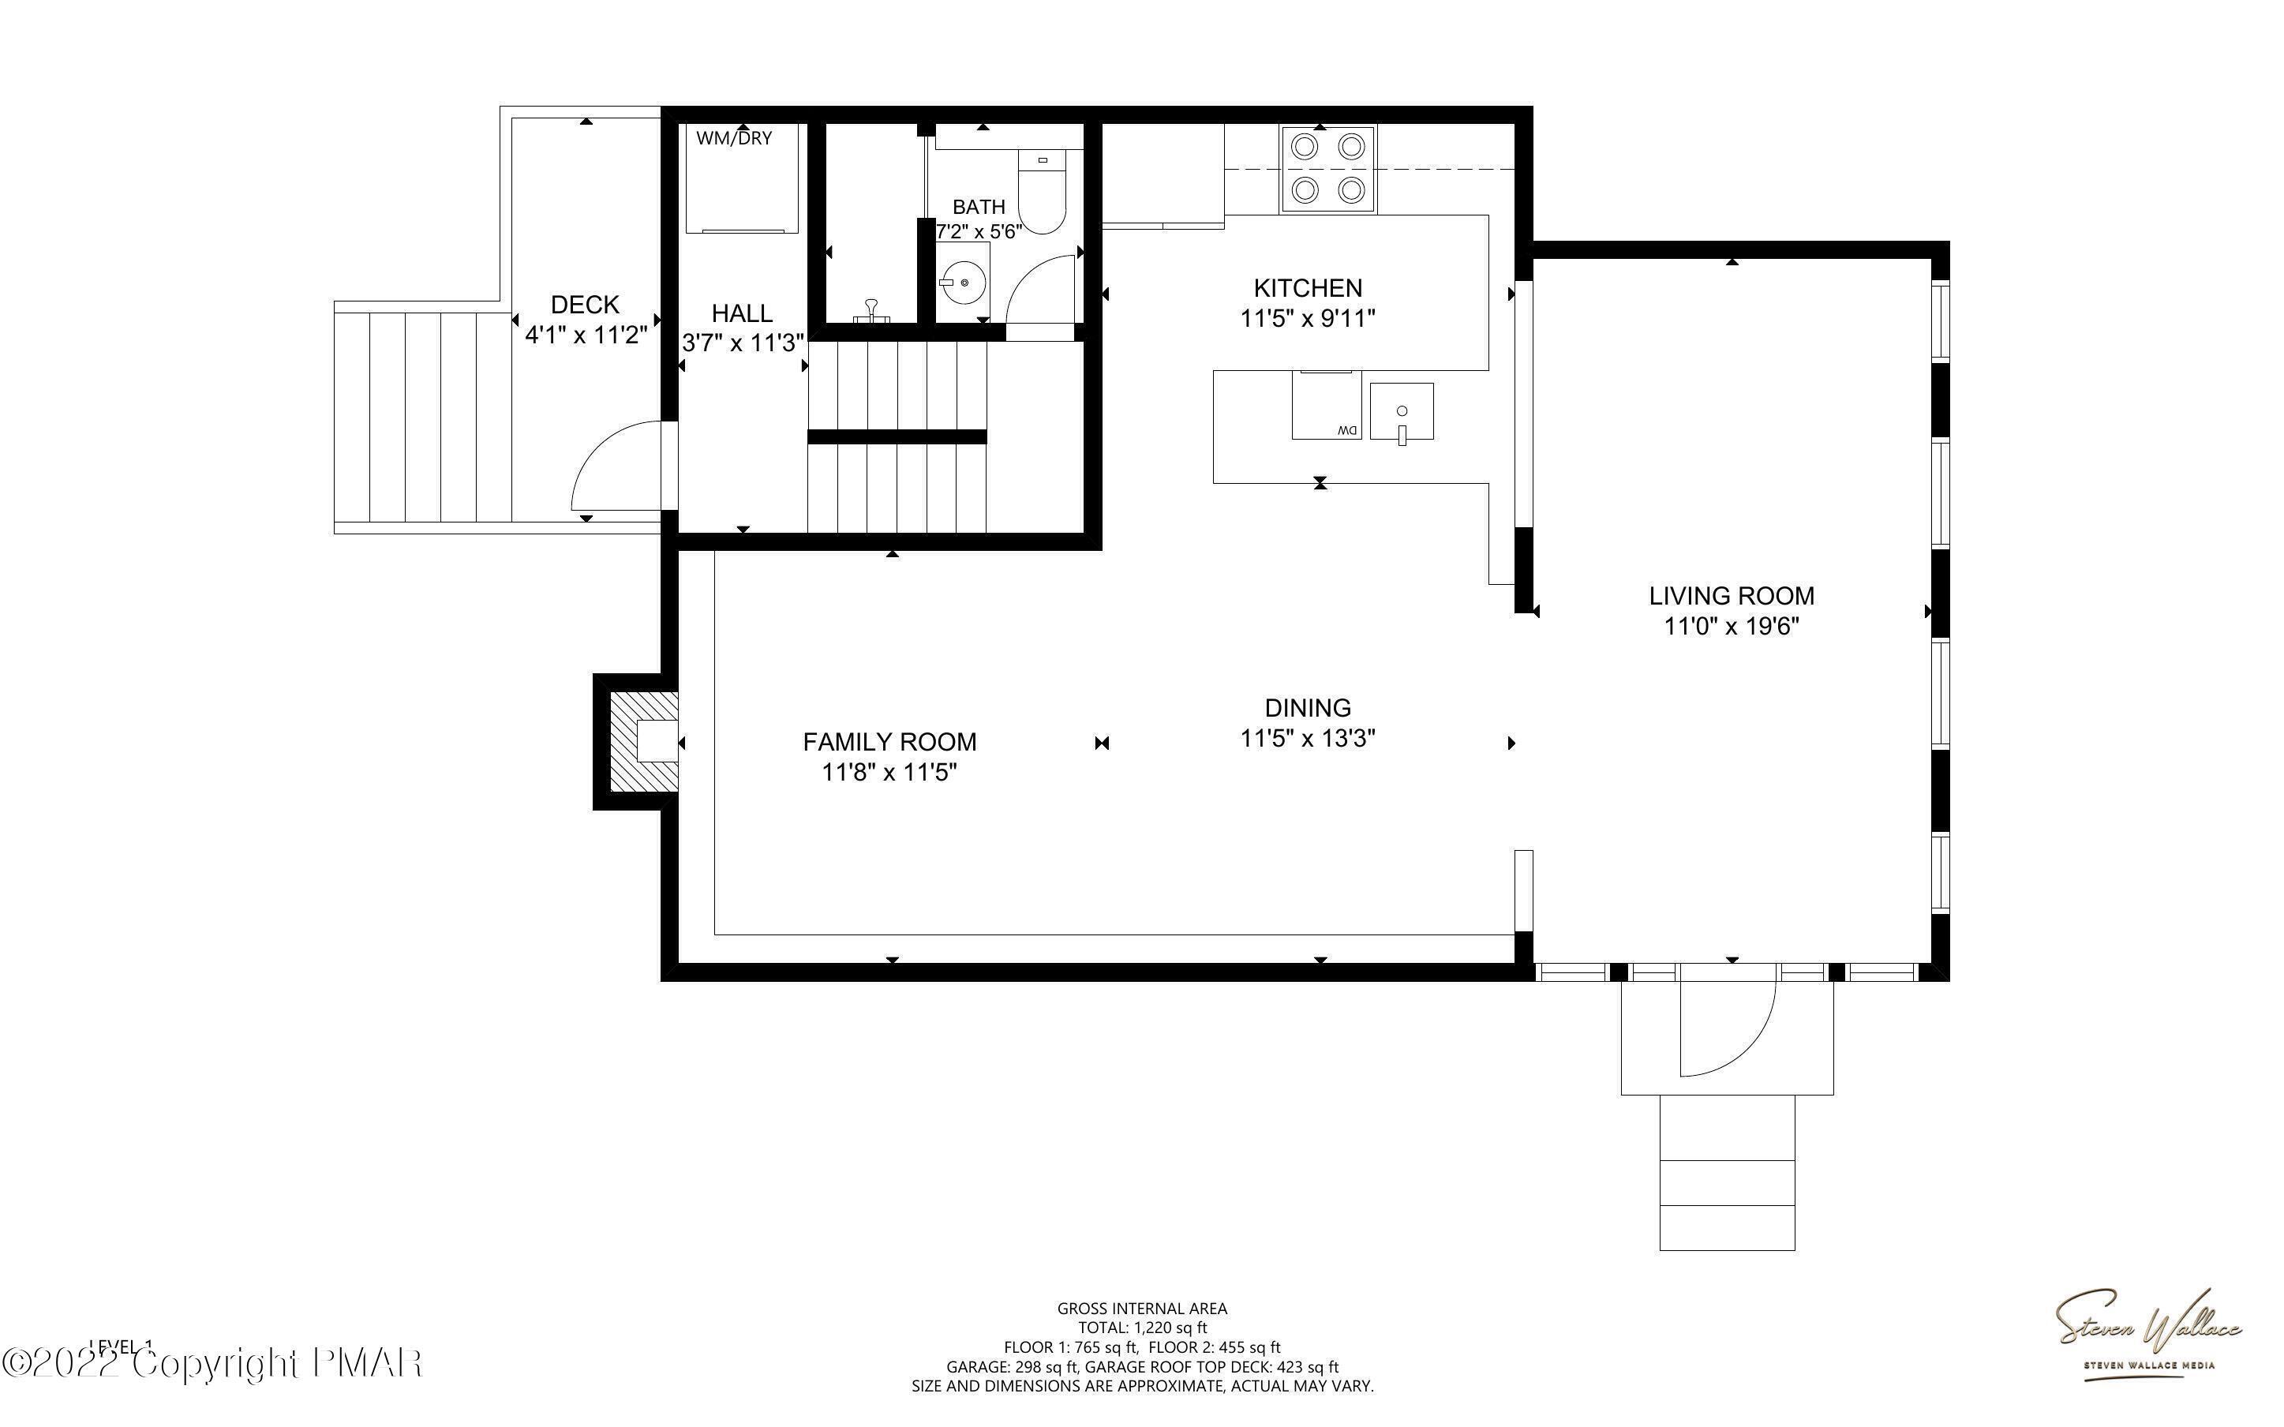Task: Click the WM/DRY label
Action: pos(734,139)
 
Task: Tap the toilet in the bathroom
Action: pos(1042,193)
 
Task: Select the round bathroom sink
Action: pos(963,281)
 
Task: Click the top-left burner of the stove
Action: pos(1305,146)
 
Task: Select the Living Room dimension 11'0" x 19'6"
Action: pos(1732,627)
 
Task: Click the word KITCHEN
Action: pos(1308,288)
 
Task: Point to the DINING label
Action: pos(1308,708)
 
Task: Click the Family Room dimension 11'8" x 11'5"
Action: pos(889,773)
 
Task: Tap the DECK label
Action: pos(585,305)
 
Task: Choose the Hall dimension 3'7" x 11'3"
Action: pos(743,343)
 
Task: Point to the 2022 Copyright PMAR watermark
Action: pos(212,1364)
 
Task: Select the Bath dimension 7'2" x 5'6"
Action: pos(979,232)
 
